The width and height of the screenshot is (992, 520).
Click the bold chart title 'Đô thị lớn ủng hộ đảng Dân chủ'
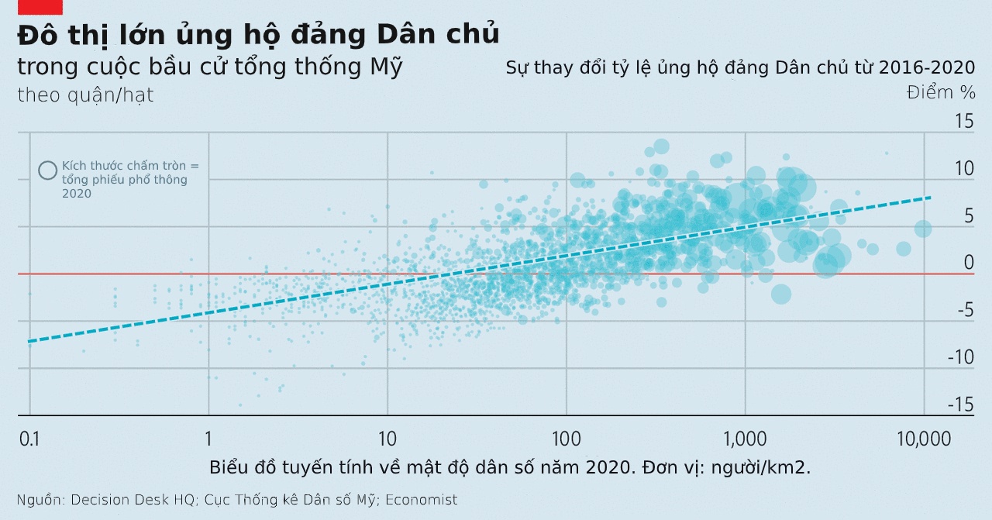[258, 35]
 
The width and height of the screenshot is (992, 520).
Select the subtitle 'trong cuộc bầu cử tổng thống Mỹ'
[210, 67]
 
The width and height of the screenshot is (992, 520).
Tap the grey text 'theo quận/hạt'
[85, 95]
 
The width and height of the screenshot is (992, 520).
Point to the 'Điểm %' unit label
[941, 92]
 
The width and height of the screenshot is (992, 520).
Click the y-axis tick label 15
[963, 121]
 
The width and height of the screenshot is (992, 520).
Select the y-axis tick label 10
[963, 168]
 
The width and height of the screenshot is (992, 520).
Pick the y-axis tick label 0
[968, 263]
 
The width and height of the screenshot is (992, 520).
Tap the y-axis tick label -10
[961, 357]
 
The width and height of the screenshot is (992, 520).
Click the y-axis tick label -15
[961, 405]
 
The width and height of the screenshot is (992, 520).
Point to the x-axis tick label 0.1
[29, 439]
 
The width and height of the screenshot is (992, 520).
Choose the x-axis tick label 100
[567, 439]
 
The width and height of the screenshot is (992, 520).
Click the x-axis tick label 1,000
[745, 439]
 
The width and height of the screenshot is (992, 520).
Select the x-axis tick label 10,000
[922, 439]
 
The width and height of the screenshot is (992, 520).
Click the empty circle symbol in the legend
[48, 170]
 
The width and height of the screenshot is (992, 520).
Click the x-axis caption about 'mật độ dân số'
[510, 468]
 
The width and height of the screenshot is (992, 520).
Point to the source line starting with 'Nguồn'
[237, 500]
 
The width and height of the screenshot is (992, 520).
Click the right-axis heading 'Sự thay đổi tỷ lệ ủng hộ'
[740, 67]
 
